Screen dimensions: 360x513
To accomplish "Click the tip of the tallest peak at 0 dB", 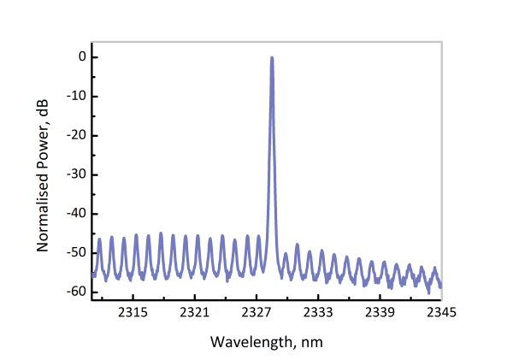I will click(x=272, y=58).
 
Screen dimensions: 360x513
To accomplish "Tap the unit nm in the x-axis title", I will click(x=313, y=341).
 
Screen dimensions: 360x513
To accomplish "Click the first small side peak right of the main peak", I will click(x=285, y=254).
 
